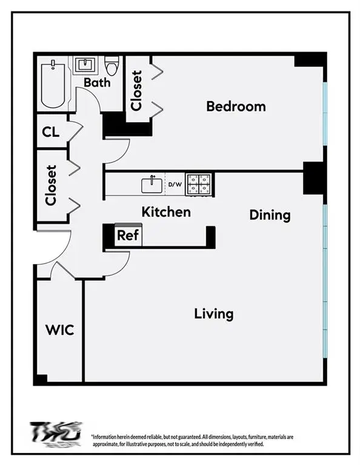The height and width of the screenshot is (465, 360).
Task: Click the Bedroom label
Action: [236, 107]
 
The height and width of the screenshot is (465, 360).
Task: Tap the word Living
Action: [213, 314]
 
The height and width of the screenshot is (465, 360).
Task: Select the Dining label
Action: [270, 215]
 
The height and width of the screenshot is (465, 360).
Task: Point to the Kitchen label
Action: [165, 212]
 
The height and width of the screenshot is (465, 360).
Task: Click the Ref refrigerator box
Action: [127, 236]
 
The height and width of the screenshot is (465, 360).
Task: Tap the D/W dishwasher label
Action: [175, 184]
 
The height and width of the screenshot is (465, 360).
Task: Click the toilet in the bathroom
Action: [112, 65]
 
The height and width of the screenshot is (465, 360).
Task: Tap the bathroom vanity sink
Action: [85, 65]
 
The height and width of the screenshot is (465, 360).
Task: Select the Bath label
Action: [97, 82]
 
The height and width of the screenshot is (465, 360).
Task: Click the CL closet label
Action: [51, 132]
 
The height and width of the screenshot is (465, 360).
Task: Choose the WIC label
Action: [59, 330]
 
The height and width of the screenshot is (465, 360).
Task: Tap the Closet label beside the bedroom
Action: [136, 91]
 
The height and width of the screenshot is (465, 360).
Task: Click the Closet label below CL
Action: [51, 185]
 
